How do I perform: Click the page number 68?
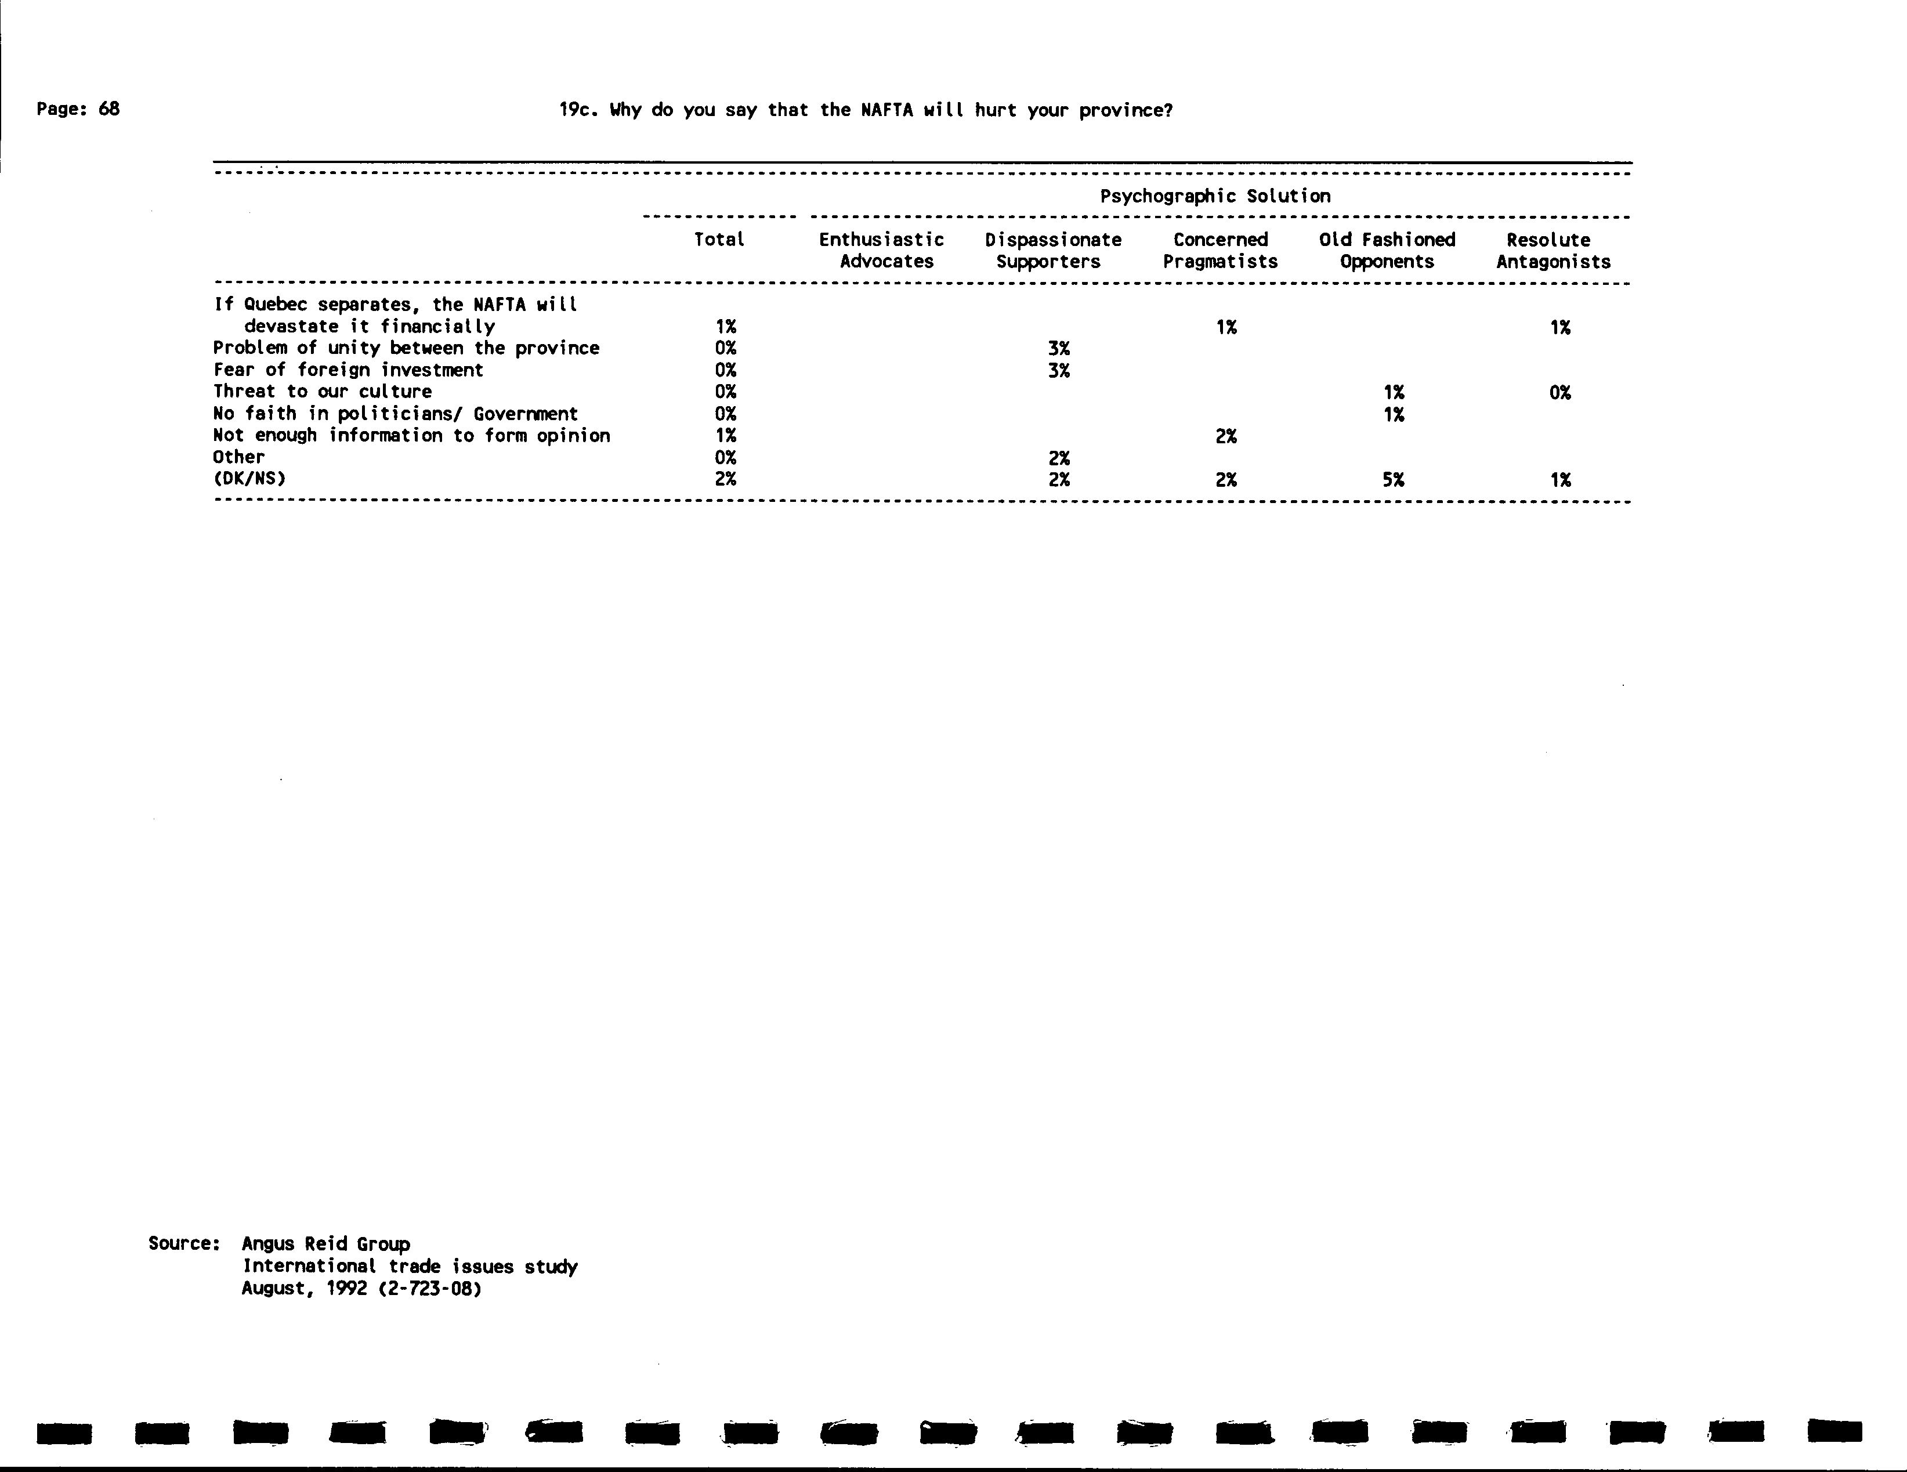108,109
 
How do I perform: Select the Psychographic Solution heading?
1215,197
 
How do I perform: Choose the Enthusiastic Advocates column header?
882,251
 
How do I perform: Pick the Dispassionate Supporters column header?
1052,251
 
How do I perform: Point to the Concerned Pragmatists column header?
1220,251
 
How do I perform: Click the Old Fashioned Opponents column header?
1387,251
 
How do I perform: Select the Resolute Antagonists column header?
1553,251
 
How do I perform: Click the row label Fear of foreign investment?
348,370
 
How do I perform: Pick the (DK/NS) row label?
249,479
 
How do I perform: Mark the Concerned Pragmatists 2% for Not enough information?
1226,436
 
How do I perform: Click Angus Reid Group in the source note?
325,1244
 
